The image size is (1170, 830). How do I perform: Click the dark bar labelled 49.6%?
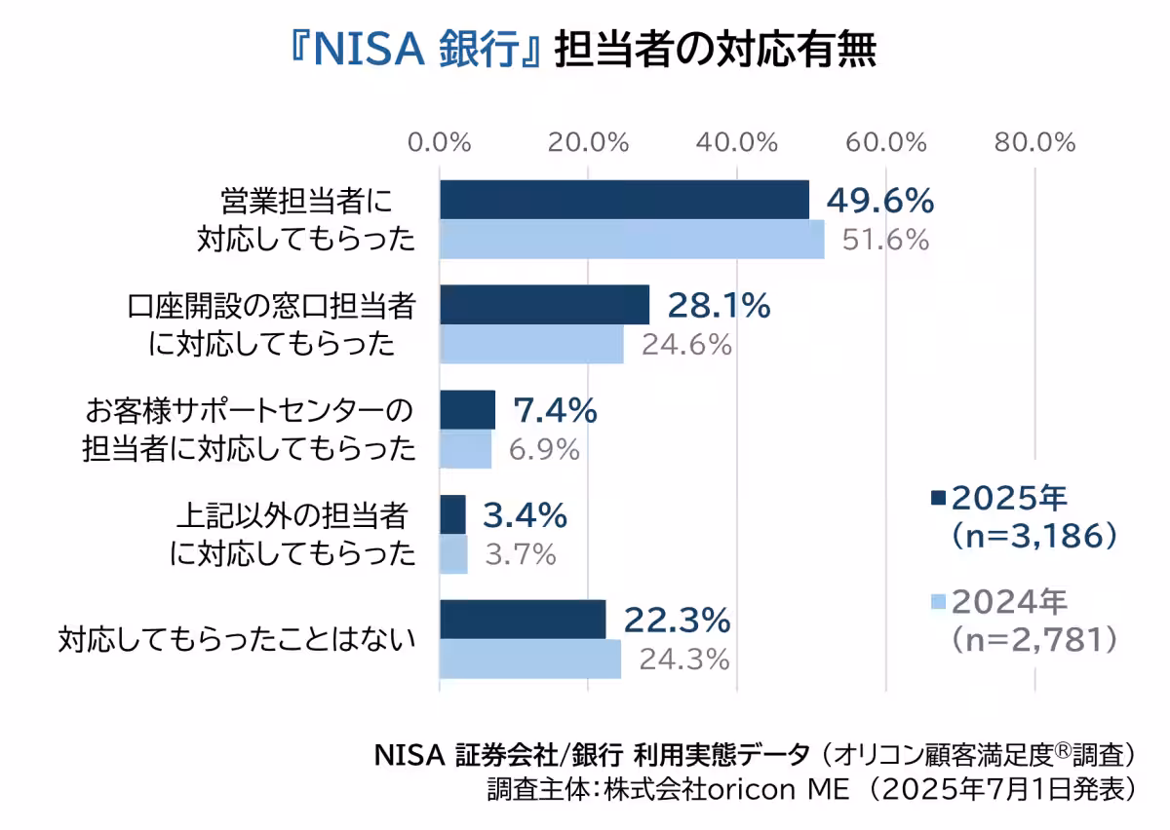click(624, 200)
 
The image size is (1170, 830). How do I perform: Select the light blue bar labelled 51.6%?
click(632, 240)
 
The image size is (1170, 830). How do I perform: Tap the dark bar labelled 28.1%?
click(544, 305)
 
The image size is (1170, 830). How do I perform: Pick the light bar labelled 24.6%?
click(531, 344)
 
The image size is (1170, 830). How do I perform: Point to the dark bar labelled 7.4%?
click(467, 410)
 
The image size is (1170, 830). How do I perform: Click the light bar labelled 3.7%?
click(453, 555)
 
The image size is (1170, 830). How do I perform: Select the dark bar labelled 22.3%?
click(523, 620)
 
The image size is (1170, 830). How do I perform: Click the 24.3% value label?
click(684, 660)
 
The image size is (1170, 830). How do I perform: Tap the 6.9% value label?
click(544, 450)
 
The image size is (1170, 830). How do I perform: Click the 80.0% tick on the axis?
click(1034, 142)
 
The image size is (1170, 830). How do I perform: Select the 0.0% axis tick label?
click(440, 142)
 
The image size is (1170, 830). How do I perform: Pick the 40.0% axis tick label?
click(738, 142)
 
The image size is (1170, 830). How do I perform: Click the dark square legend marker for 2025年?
click(939, 498)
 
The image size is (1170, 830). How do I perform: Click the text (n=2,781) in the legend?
click(1033, 638)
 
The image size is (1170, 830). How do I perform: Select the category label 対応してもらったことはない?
click(237, 640)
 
